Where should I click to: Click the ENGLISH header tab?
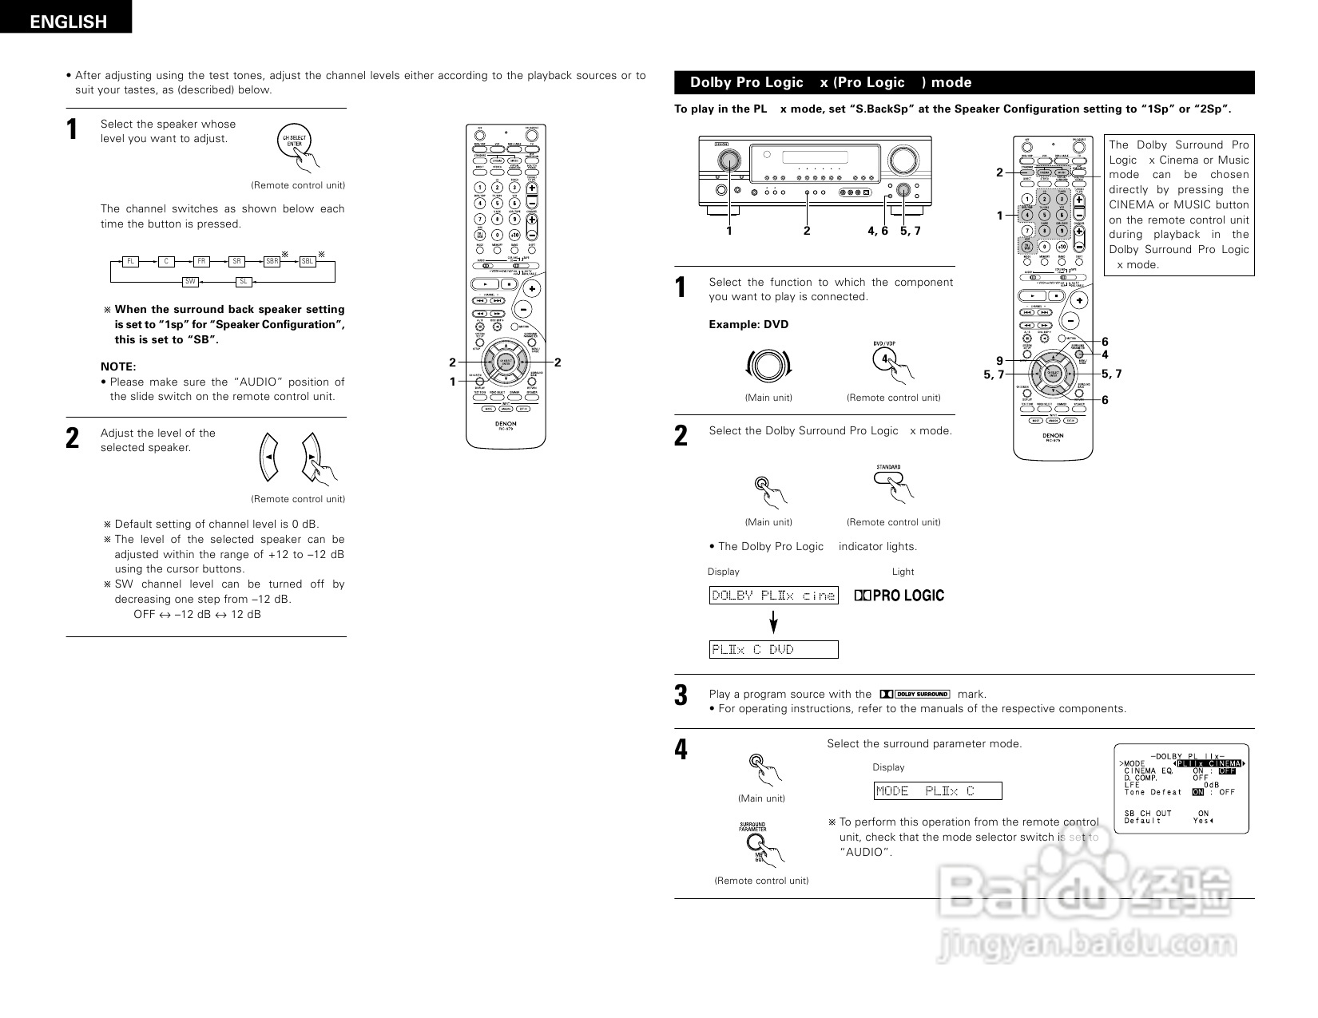(x=67, y=22)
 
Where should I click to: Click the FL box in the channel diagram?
(x=130, y=261)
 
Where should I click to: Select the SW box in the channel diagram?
(x=191, y=282)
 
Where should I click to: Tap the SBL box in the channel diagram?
(x=308, y=261)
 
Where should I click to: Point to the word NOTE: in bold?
(x=118, y=366)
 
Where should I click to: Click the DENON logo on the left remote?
(x=505, y=424)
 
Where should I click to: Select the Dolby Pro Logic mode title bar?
(x=964, y=82)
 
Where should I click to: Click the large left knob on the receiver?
(x=728, y=160)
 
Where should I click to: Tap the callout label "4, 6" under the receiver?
(x=877, y=231)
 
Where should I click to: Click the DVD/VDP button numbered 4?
(x=884, y=359)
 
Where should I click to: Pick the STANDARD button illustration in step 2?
(x=889, y=477)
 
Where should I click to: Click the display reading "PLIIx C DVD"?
(x=774, y=650)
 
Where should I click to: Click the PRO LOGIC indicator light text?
(x=899, y=596)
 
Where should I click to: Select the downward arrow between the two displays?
(x=773, y=623)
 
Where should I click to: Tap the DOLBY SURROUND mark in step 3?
(x=915, y=694)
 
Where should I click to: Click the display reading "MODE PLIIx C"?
(x=937, y=791)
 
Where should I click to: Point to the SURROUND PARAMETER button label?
(x=752, y=827)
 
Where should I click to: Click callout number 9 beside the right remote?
(x=999, y=361)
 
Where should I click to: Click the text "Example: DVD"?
(x=748, y=324)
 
